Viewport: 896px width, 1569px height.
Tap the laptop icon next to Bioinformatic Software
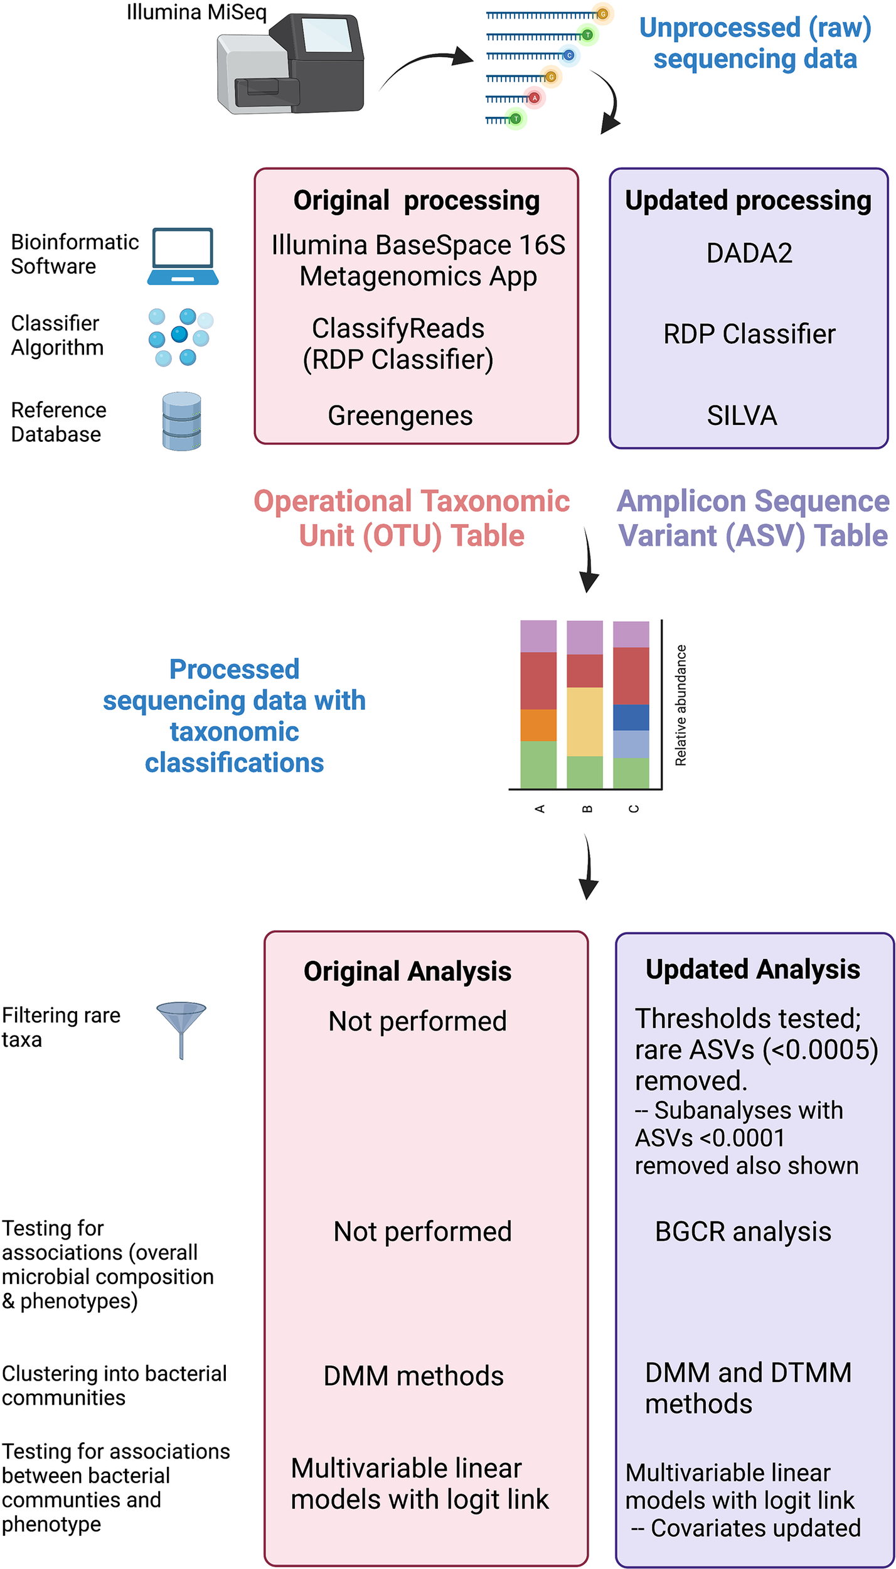click(x=183, y=257)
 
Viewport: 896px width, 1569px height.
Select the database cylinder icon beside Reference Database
click(x=181, y=422)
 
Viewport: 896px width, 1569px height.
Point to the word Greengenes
click(x=400, y=416)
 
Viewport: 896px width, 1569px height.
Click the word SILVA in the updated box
click(x=742, y=416)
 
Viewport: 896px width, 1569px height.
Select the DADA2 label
click(x=749, y=254)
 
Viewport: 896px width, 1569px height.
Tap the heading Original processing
click(x=416, y=201)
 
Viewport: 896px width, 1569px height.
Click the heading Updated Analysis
click(x=752, y=970)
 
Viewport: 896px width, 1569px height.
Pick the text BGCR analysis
click(x=743, y=1232)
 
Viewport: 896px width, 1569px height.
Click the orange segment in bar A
click(x=538, y=725)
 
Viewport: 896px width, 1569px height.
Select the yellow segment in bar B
click(x=585, y=722)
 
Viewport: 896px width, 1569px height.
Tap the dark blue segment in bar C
click(x=631, y=717)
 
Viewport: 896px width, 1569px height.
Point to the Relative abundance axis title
click(x=681, y=705)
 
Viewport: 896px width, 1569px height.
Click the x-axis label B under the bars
click(x=587, y=809)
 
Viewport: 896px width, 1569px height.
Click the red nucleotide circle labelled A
click(x=535, y=98)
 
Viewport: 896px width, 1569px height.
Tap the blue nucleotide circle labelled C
click(x=569, y=56)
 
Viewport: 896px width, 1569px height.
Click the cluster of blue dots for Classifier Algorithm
click(x=180, y=337)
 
